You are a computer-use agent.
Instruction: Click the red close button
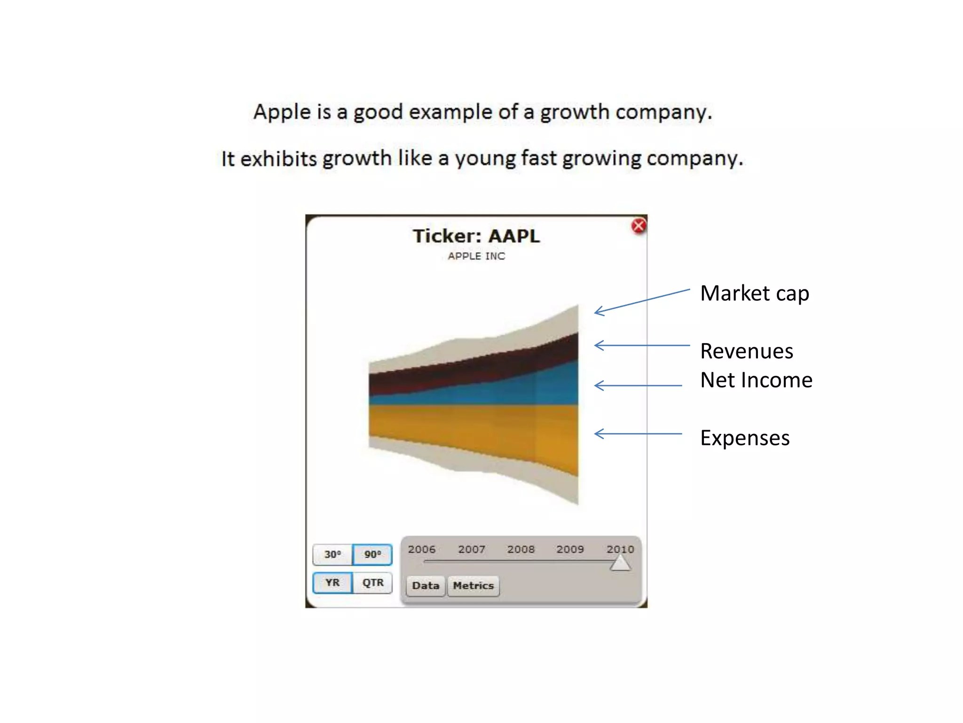click(x=639, y=226)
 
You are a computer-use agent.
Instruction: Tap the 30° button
click(x=332, y=554)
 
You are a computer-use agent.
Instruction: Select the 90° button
click(x=372, y=554)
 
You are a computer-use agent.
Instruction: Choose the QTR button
click(x=372, y=583)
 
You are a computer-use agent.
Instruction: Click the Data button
click(x=426, y=586)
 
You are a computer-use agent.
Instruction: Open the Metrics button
click(x=474, y=586)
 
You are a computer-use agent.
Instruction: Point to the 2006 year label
click(x=422, y=549)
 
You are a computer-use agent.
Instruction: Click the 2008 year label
click(x=521, y=549)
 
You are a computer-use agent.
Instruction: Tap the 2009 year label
click(x=570, y=549)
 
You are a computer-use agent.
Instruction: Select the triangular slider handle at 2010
click(x=620, y=563)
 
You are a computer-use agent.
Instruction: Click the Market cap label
click(x=755, y=293)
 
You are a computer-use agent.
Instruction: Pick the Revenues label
click(x=747, y=351)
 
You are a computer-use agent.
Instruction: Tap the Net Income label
click(x=756, y=380)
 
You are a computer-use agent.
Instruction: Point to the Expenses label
click(x=745, y=438)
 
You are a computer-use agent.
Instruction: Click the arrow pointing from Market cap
click(x=642, y=301)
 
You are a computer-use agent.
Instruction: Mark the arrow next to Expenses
click(x=638, y=434)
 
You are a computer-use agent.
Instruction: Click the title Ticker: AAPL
click(x=476, y=236)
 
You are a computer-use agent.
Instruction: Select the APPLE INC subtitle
click(x=476, y=256)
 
